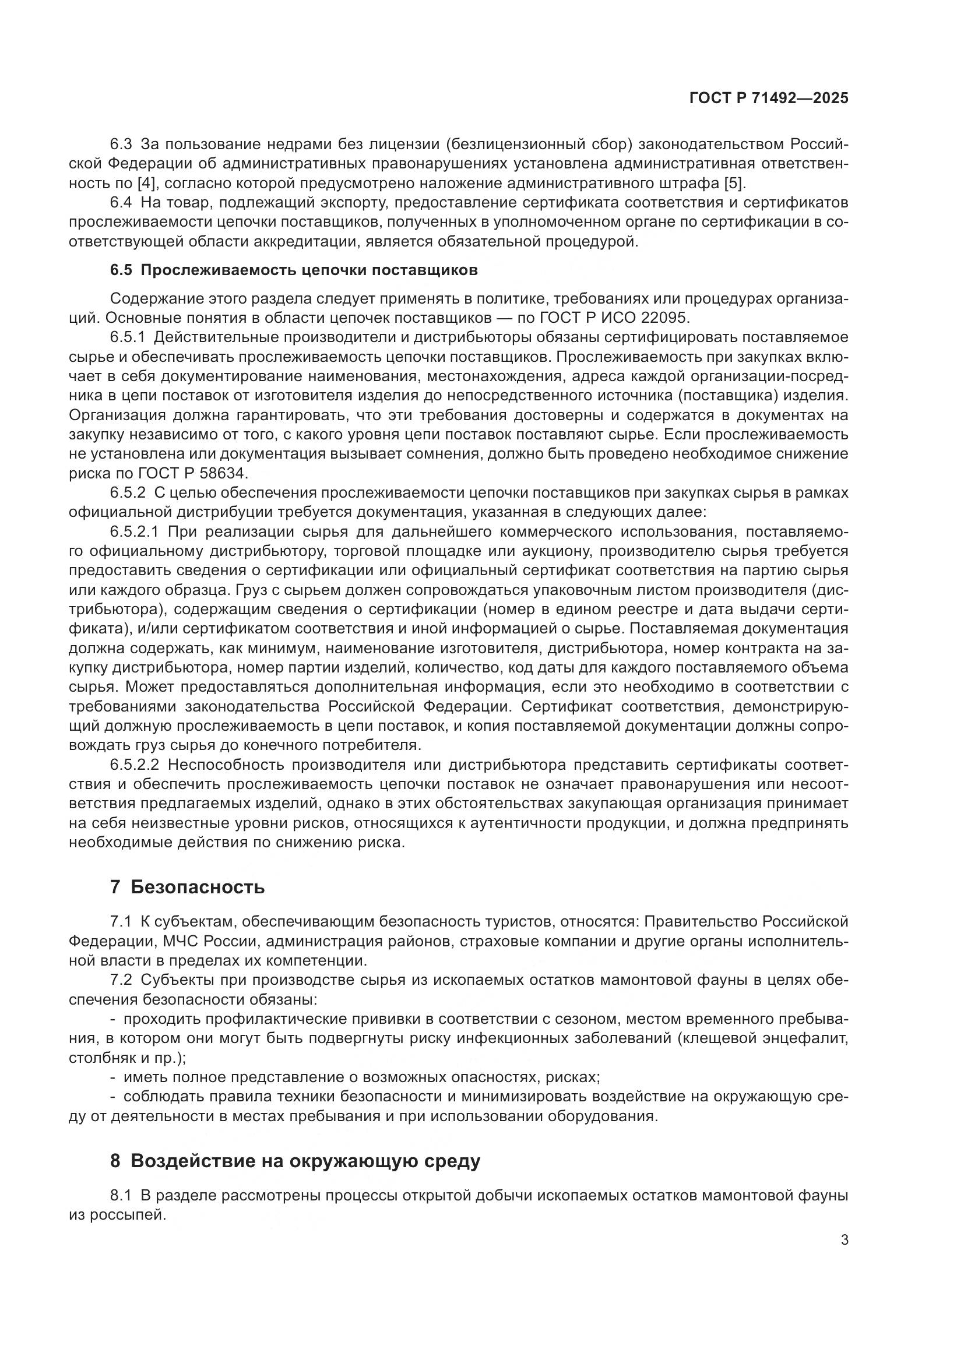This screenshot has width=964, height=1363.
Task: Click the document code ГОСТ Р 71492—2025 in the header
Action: tap(769, 98)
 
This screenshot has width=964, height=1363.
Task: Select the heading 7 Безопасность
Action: tap(187, 887)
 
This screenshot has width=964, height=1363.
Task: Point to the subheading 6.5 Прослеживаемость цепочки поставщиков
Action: tap(294, 270)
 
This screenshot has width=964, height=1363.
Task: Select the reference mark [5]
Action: tap(733, 183)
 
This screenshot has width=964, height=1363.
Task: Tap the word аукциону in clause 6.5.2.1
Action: tap(555, 551)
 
